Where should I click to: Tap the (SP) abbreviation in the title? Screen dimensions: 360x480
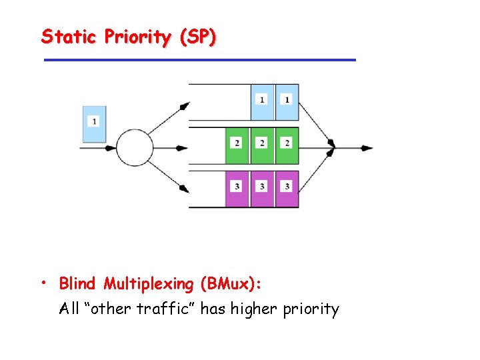197,37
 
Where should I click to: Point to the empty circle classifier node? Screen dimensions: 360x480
135,147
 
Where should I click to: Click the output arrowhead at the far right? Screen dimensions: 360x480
367,147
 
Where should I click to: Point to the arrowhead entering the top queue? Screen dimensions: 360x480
185,105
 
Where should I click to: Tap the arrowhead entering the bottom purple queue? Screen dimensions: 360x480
185,189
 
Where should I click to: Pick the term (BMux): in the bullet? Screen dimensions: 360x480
230,285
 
